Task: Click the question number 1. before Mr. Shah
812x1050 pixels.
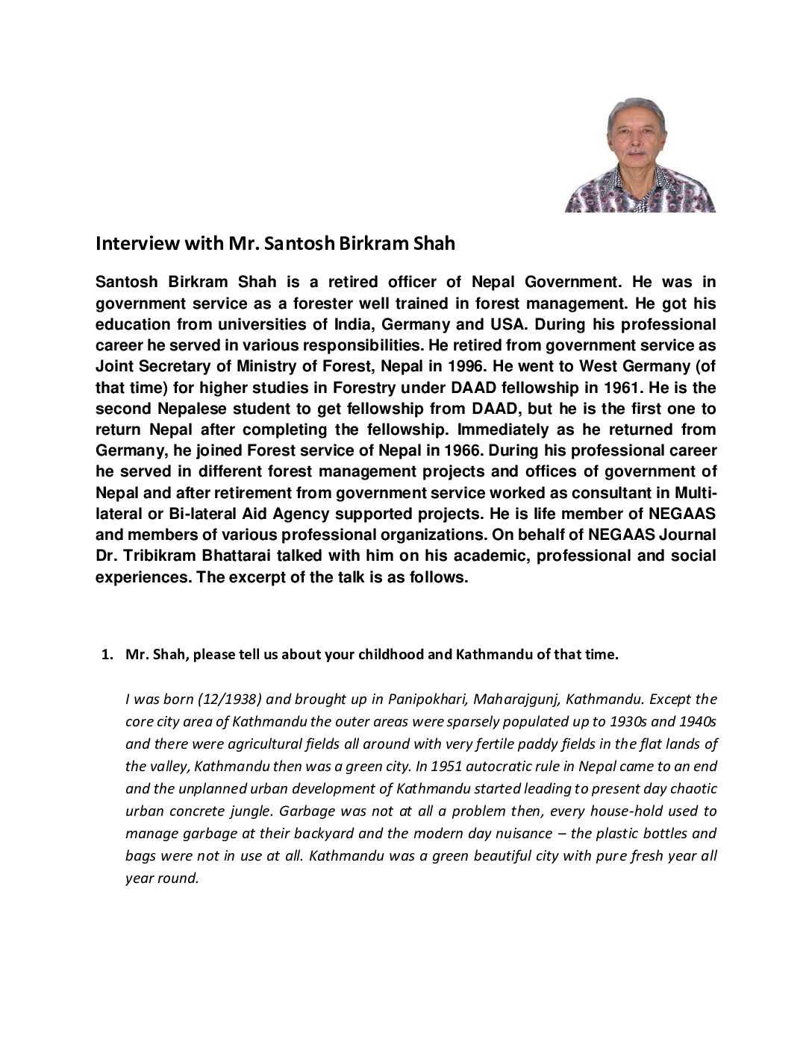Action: point(107,655)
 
